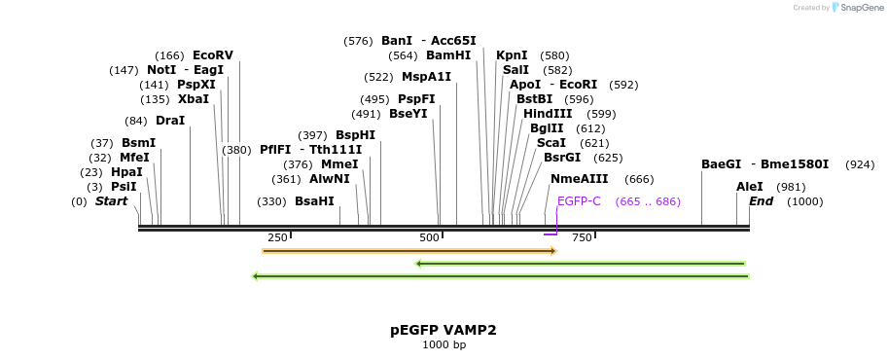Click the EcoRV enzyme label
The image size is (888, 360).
point(213,55)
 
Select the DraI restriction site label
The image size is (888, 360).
point(170,121)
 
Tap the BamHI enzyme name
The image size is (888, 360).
point(448,55)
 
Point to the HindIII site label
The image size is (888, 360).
point(548,114)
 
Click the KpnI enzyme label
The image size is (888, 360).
point(512,55)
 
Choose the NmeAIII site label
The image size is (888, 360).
point(579,179)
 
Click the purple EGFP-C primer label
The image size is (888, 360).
point(579,201)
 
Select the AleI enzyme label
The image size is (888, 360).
point(750,186)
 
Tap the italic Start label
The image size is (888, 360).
point(111,201)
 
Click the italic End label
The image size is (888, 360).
point(762,201)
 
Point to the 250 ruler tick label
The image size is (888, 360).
point(277,238)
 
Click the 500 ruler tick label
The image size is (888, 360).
point(429,238)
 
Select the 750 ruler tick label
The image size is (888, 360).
point(582,238)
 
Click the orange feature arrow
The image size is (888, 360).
point(408,251)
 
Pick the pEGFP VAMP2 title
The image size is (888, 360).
point(444,330)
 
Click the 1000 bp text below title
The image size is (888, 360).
point(444,344)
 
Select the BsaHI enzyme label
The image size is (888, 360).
point(314,201)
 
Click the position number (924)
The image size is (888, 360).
point(860,164)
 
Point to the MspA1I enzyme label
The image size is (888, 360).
point(426,77)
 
